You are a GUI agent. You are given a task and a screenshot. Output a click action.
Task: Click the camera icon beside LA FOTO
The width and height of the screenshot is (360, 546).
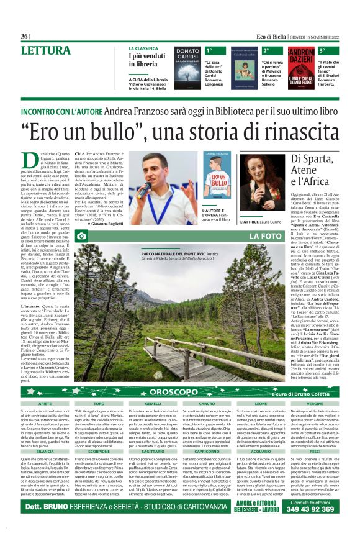[81, 236]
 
